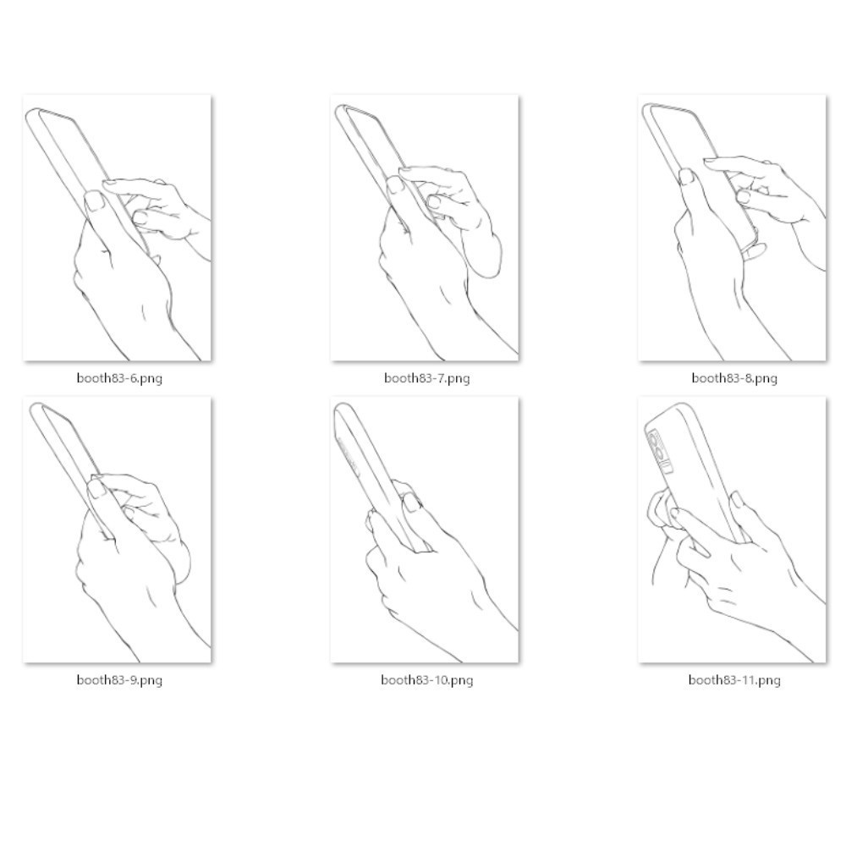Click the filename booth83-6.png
pyautogui.click(x=119, y=377)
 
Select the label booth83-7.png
pyautogui.click(x=426, y=377)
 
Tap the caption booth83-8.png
pyautogui.click(x=734, y=377)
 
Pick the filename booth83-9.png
pyautogui.click(x=119, y=680)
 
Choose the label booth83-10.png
pyautogui.click(x=426, y=680)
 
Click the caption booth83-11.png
pyautogui.click(x=734, y=680)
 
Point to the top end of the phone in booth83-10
pyautogui.click(x=342, y=406)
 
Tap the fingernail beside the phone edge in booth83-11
pyautogui.click(x=736, y=499)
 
